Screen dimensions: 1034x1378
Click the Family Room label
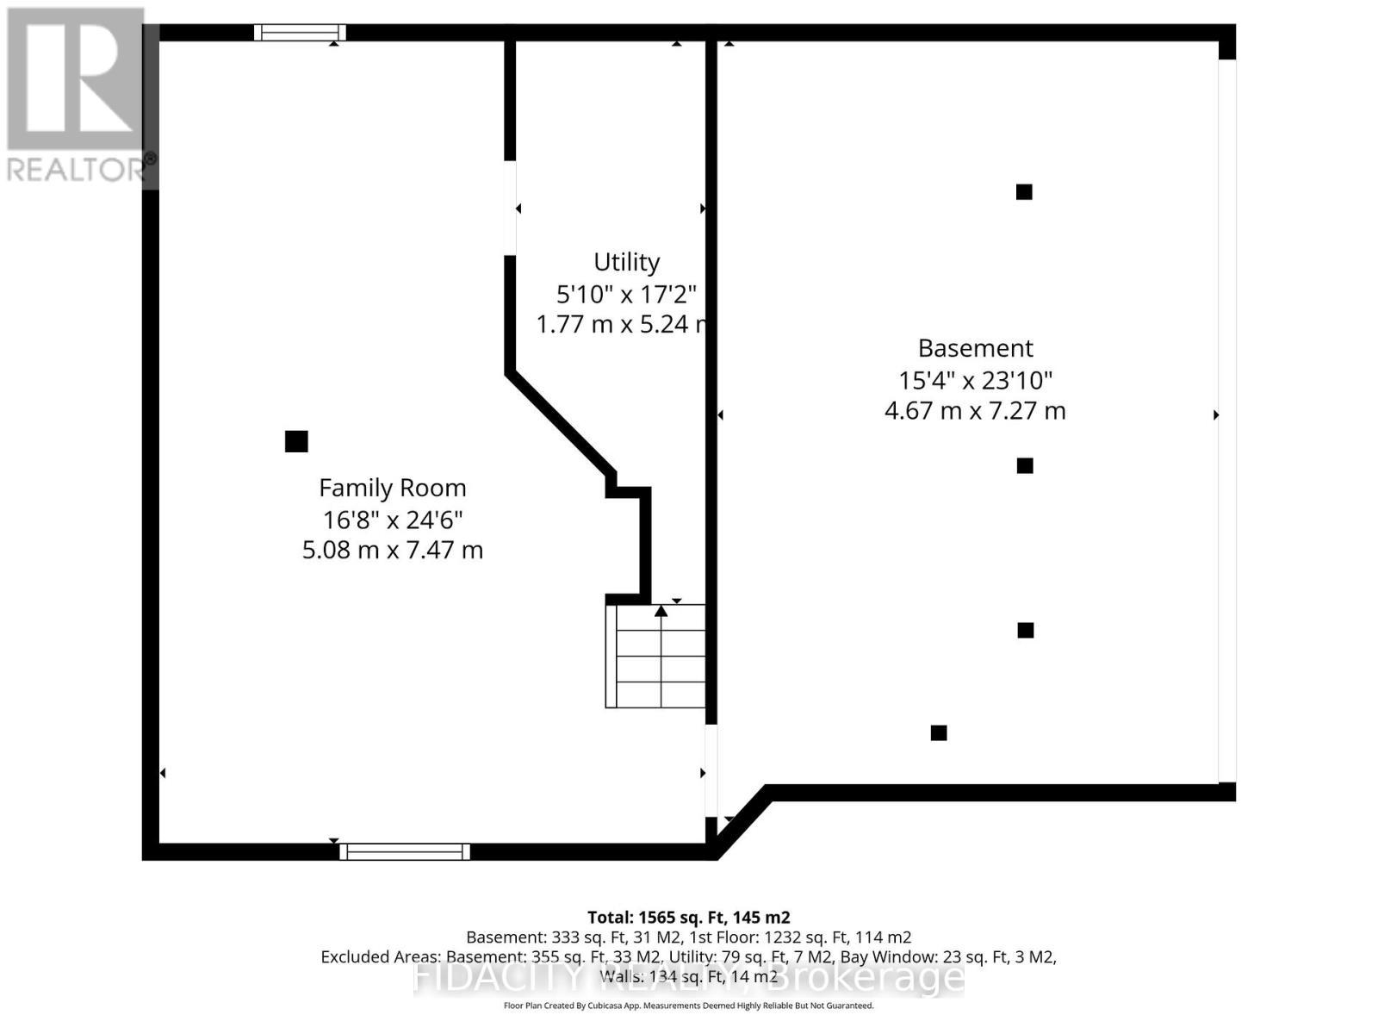pyautogui.click(x=392, y=488)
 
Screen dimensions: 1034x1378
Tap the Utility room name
pyautogui.click(x=626, y=262)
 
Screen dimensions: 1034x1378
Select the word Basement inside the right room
pyautogui.click(x=975, y=348)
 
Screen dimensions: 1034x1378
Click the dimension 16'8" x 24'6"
pyautogui.click(x=393, y=520)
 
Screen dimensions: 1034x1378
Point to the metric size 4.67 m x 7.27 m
pyautogui.click(x=975, y=411)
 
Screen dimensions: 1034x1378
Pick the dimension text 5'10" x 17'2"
pyautogui.click(x=625, y=295)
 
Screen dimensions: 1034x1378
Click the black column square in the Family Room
pyautogui.click(x=296, y=441)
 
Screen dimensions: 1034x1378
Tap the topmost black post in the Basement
pyautogui.click(x=1024, y=192)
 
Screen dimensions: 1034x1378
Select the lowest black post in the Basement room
pyautogui.click(x=939, y=733)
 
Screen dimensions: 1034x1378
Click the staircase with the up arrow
pyautogui.click(x=655, y=657)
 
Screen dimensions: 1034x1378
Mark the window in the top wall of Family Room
pyautogui.click(x=300, y=33)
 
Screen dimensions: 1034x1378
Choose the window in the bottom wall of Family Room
pyautogui.click(x=405, y=852)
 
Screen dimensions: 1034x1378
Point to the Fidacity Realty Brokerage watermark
pyautogui.click(x=689, y=978)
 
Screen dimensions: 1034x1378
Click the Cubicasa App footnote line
pyautogui.click(x=688, y=1006)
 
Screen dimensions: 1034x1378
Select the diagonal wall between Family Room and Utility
pyautogui.click(x=560, y=422)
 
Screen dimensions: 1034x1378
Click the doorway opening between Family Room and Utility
pyautogui.click(x=510, y=208)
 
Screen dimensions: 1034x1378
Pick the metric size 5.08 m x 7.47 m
pyautogui.click(x=392, y=551)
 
